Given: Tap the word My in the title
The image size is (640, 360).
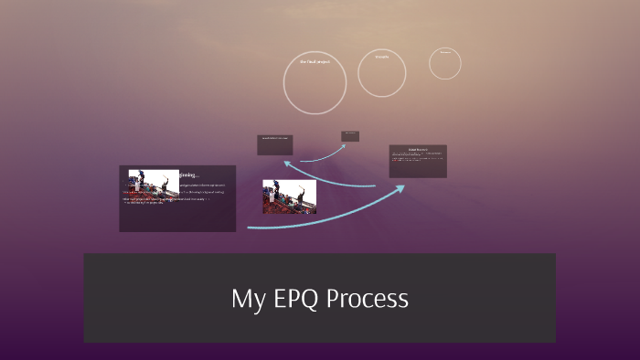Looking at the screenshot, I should (x=247, y=299).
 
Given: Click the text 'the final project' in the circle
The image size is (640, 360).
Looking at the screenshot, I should (x=315, y=61).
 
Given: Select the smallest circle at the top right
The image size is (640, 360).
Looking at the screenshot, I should (x=445, y=63).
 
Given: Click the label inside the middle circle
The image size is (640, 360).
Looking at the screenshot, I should (x=381, y=57).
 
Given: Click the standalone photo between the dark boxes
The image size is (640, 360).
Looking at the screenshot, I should (x=289, y=196).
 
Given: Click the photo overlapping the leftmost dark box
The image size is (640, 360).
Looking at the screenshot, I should (x=154, y=183).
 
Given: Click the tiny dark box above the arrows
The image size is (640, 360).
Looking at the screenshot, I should (x=350, y=136).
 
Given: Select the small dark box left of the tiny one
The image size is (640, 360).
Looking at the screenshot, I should (x=274, y=144).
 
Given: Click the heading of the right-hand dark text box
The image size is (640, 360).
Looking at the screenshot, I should (x=417, y=149).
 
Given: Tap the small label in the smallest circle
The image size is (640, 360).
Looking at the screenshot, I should (x=445, y=52).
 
